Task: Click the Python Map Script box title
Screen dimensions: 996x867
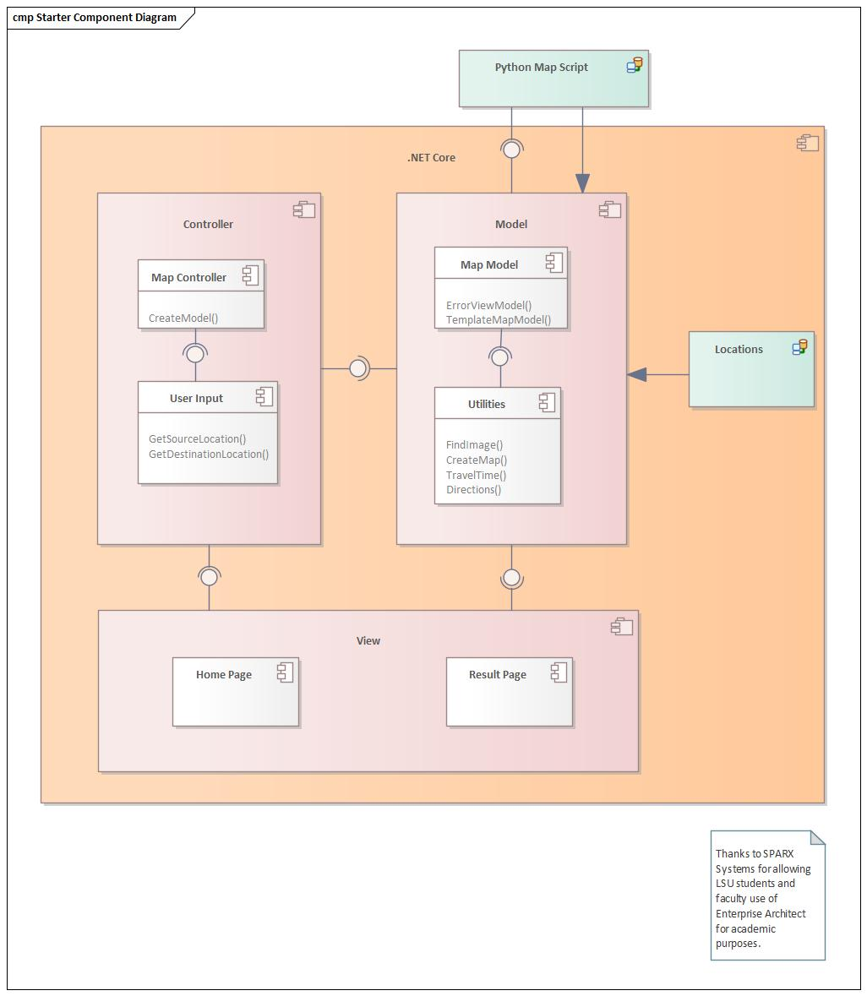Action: (x=541, y=68)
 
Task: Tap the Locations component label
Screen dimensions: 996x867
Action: (x=738, y=350)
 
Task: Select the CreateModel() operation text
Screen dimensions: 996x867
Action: (x=183, y=318)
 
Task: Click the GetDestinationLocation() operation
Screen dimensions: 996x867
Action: (x=209, y=454)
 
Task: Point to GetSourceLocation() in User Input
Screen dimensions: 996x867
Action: (x=197, y=439)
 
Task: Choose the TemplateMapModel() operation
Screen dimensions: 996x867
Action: (x=498, y=320)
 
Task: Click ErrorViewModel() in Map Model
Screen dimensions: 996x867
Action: (x=488, y=306)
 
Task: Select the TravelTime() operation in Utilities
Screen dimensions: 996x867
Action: (x=476, y=475)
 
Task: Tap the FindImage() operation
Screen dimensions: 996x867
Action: (x=474, y=445)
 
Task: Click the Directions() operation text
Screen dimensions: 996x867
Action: (x=473, y=490)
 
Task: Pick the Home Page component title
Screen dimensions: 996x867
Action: (x=223, y=675)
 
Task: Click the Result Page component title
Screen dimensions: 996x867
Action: (x=497, y=675)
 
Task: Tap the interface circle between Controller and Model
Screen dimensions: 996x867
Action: (x=358, y=368)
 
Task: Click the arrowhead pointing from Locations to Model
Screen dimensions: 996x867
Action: (x=637, y=374)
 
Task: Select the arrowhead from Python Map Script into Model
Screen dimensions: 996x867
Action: (x=582, y=183)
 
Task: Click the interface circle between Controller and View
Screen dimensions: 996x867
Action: (x=209, y=578)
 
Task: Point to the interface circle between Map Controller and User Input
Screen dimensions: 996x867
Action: (x=196, y=353)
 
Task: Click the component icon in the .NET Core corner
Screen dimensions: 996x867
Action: (x=807, y=143)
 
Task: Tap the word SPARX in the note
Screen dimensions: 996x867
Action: (x=778, y=854)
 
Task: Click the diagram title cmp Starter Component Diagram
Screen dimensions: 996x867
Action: (x=95, y=18)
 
